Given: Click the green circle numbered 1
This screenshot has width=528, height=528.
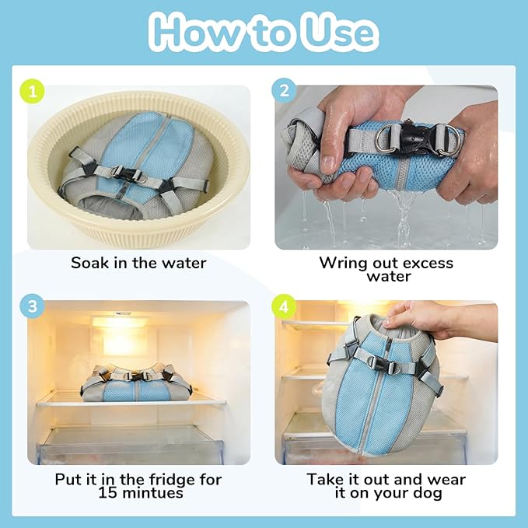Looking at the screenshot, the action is [33, 91].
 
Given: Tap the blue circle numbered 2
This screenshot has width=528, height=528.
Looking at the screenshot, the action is [284, 91].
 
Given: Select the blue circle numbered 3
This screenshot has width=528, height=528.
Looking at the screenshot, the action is [33, 306].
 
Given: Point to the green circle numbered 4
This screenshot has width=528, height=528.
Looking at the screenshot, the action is [284, 306].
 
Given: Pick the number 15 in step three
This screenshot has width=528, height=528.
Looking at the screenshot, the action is [108, 493].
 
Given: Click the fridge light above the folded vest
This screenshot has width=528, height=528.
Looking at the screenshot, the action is [120, 322].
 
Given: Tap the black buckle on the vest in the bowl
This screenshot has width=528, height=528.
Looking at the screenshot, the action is [127, 174].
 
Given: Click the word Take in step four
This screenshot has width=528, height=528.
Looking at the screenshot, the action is [324, 480].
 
